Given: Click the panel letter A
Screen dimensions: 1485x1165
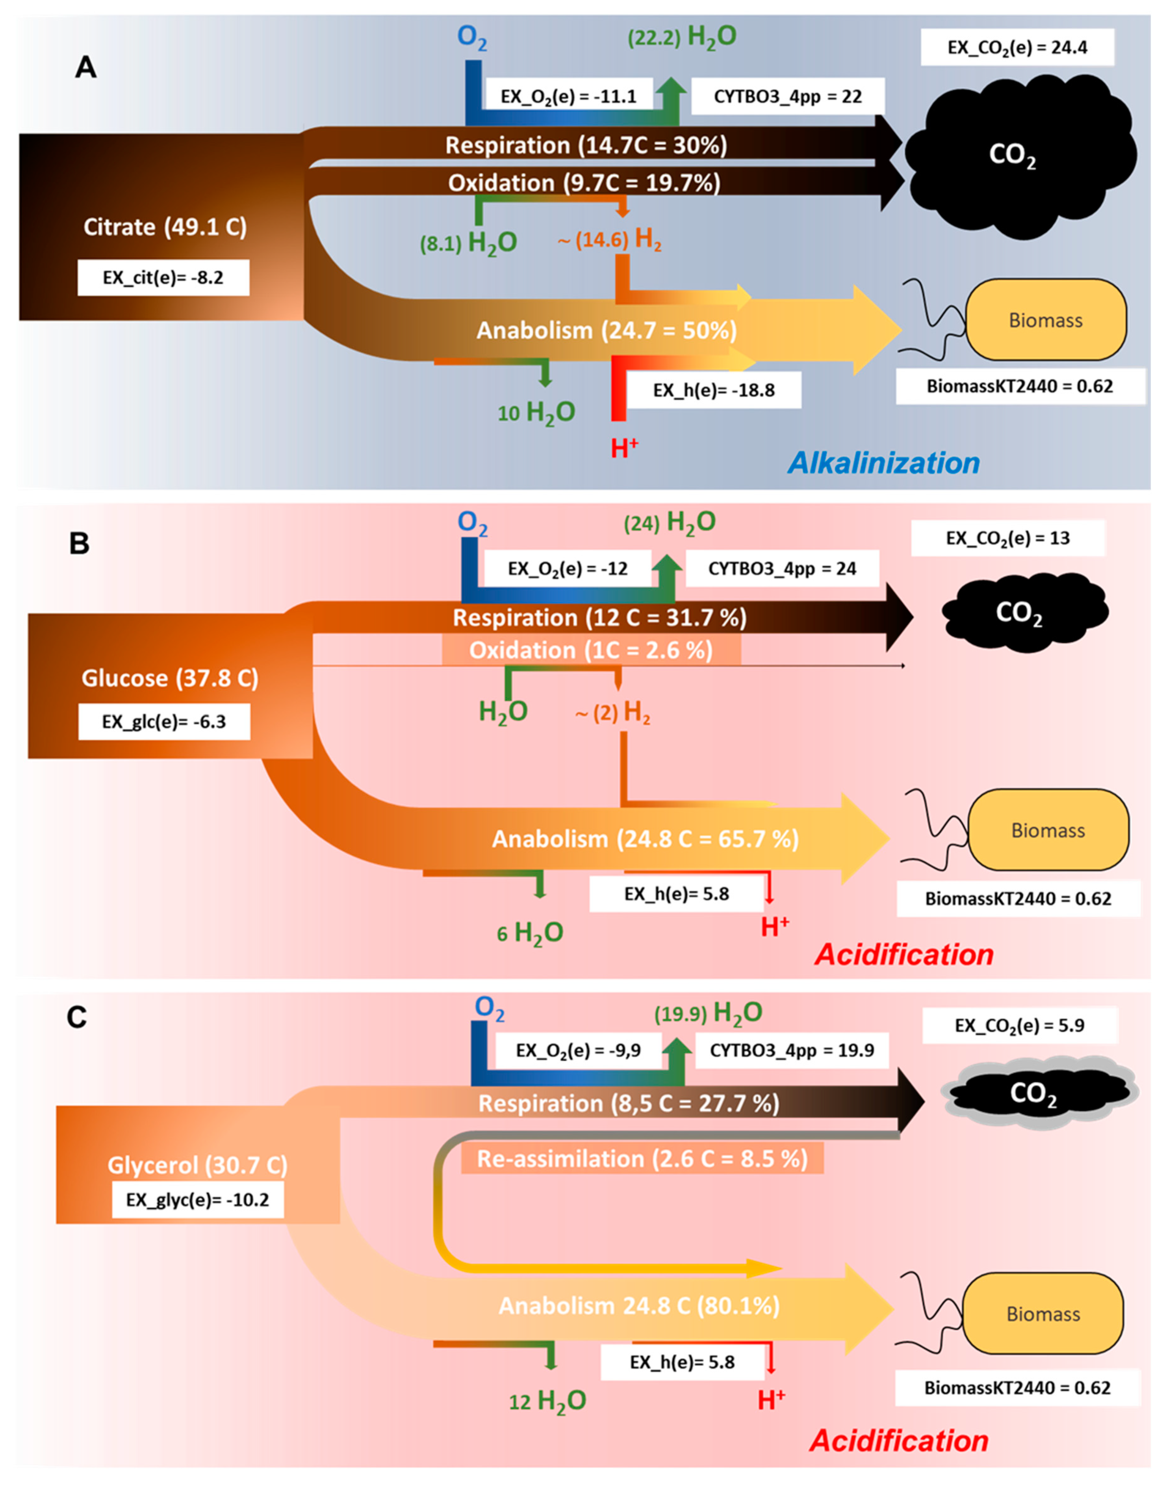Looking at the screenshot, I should pyautogui.click(x=85, y=67).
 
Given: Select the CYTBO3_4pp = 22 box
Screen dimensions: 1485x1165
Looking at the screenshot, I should pyautogui.click(x=788, y=96).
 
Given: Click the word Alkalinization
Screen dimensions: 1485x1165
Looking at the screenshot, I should pyautogui.click(x=883, y=463).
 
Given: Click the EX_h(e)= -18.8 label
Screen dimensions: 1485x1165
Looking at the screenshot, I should pyautogui.click(x=714, y=390).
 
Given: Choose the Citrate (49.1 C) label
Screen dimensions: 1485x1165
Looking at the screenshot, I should pyautogui.click(x=165, y=226).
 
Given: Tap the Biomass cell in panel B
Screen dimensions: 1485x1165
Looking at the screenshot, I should pyautogui.click(x=1048, y=830).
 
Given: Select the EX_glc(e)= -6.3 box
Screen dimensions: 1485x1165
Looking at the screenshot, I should pyautogui.click(x=164, y=722).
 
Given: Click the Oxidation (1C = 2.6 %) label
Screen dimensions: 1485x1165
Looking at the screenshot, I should pyautogui.click(x=591, y=650).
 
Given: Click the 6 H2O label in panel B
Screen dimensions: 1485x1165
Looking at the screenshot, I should pyautogui.click(x=530, y=932).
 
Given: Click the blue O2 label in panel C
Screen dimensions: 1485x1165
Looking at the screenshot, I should pyautogui.click(x=489, y=1009).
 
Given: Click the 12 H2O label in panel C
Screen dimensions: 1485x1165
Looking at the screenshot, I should pyautogui.click(x=548, y=1401).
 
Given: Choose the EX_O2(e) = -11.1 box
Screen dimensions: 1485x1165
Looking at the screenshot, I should pyautogui.click(x=568, y=96).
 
